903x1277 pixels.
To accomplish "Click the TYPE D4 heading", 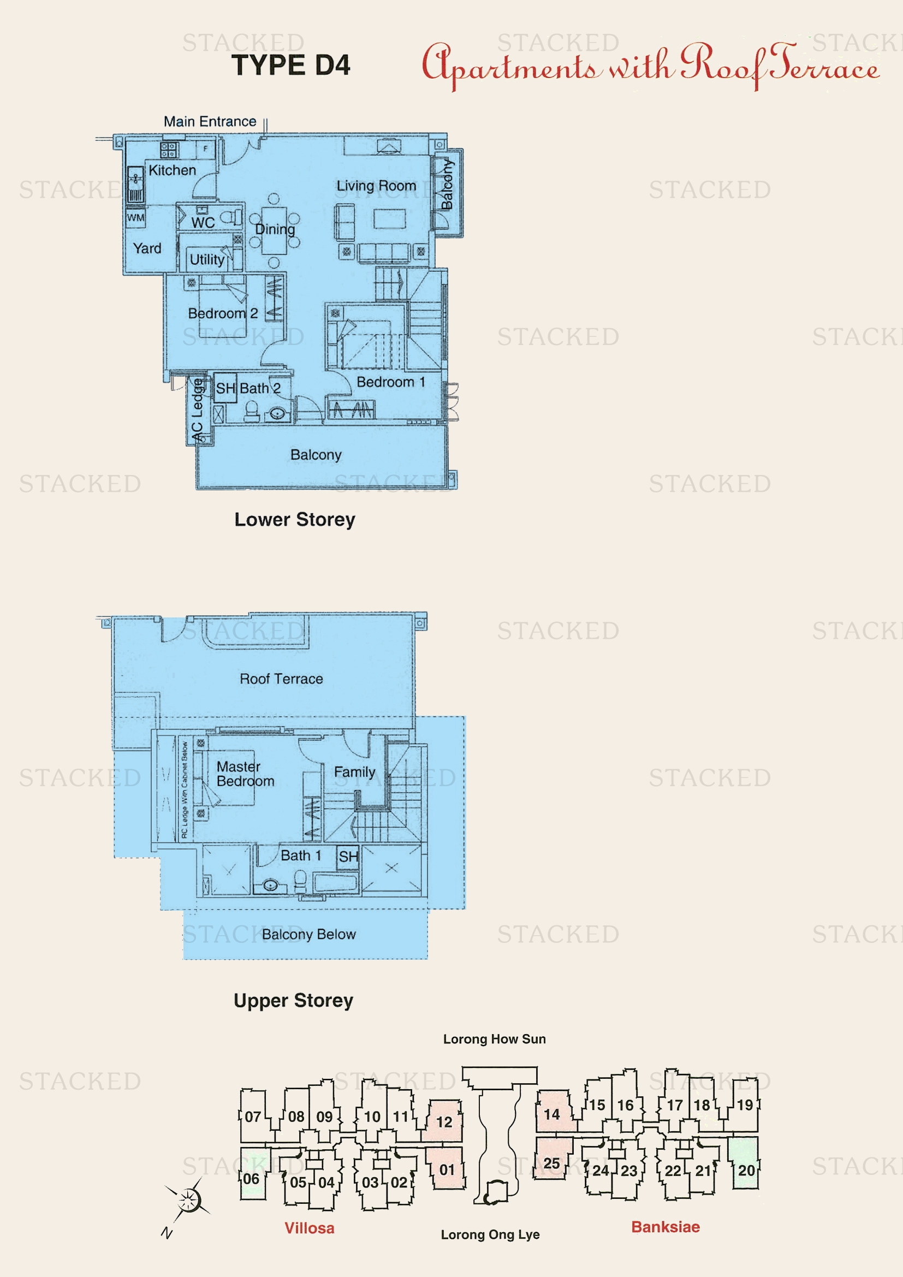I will pos(291,65).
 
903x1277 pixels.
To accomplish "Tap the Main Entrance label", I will pos(210,121).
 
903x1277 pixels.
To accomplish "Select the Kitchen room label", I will pos(173,170).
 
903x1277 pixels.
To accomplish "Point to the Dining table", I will pos(274,230).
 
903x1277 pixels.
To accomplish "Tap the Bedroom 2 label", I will pos(222,313).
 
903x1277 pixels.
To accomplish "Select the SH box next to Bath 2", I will pos(225,388).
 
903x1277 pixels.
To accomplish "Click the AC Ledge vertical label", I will pos(197,411).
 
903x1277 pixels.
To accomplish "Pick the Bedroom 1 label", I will pos(390,382).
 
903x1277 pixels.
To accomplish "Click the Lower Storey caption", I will pos(294,519).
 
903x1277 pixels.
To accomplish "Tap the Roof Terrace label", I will pos(281,679).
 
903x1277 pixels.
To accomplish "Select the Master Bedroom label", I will pos(245,774).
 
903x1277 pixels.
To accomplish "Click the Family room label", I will pos(354,772).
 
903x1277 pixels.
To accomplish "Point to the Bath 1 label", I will pos(300,856).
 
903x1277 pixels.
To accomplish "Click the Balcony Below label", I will pos(308,934).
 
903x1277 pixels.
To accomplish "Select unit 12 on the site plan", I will pos(444,1122).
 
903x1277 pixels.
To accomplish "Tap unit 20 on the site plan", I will pos(746,1170).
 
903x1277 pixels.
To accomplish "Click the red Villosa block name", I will pos(309,1228).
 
